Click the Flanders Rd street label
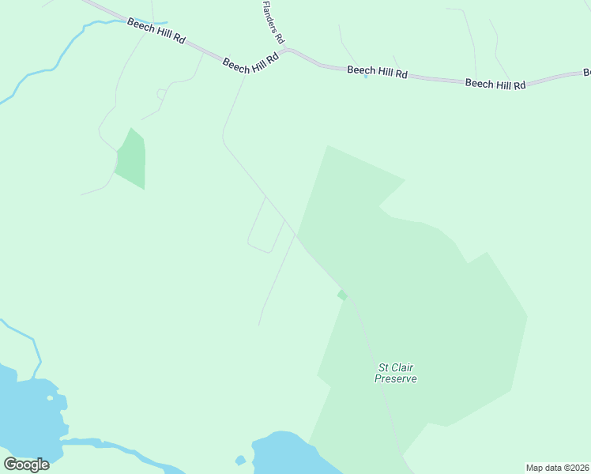point(273,21)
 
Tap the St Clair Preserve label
point(396,373)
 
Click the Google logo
point(27,464)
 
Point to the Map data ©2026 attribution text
point(557,468)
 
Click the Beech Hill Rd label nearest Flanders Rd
point(251,64)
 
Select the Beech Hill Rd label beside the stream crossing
point(156,32)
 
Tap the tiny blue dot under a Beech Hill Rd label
point(366,77)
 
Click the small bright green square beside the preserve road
point(342,295)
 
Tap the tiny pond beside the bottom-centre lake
point(240,460)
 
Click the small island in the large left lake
point(50,397)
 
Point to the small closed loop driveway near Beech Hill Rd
point(161,94)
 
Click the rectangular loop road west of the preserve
point(265,226)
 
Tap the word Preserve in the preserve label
point(396,379)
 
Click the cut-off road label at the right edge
point(587,73)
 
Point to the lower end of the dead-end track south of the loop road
point(259,325)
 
